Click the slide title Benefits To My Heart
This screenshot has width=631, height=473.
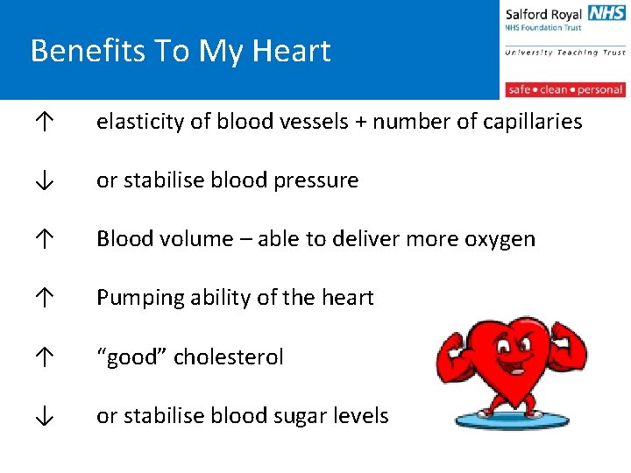click(181, 51)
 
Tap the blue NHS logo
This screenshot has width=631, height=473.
click(606, 13)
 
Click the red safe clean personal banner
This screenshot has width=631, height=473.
click(565, 89)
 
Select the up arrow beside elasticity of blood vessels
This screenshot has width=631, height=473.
click(43, 123)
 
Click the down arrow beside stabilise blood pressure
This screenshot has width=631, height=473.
click(43, 181)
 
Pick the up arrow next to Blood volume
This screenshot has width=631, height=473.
click(43, 240)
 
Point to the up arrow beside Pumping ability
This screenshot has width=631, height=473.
click(43, 299)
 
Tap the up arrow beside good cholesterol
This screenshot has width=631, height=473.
click(43, 357)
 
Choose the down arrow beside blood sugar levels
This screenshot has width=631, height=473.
click(43, 416)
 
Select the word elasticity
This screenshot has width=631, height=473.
click(140, 123)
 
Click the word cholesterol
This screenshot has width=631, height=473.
click(229, 357)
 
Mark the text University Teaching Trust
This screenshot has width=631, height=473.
click(565, 53)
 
